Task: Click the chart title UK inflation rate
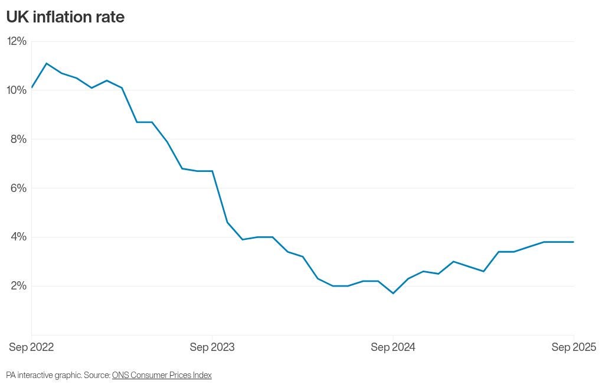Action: pos(65,18)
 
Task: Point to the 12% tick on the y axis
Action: pos(17,41)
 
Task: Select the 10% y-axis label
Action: pos(17,90)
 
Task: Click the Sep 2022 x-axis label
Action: pos(31,347)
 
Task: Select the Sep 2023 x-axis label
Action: pos(212,347)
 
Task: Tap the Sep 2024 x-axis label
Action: pos(392,347)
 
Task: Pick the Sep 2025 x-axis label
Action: pos(573,347)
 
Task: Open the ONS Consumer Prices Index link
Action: pos(162,375)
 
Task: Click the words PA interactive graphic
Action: pos(43,375)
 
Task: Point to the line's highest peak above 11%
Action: pos(47,63)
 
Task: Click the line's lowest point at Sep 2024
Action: pos(393,293)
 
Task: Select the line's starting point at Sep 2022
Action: pos(32,87)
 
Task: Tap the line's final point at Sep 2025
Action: pos(573,242)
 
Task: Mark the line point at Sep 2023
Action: pos(212,171)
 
